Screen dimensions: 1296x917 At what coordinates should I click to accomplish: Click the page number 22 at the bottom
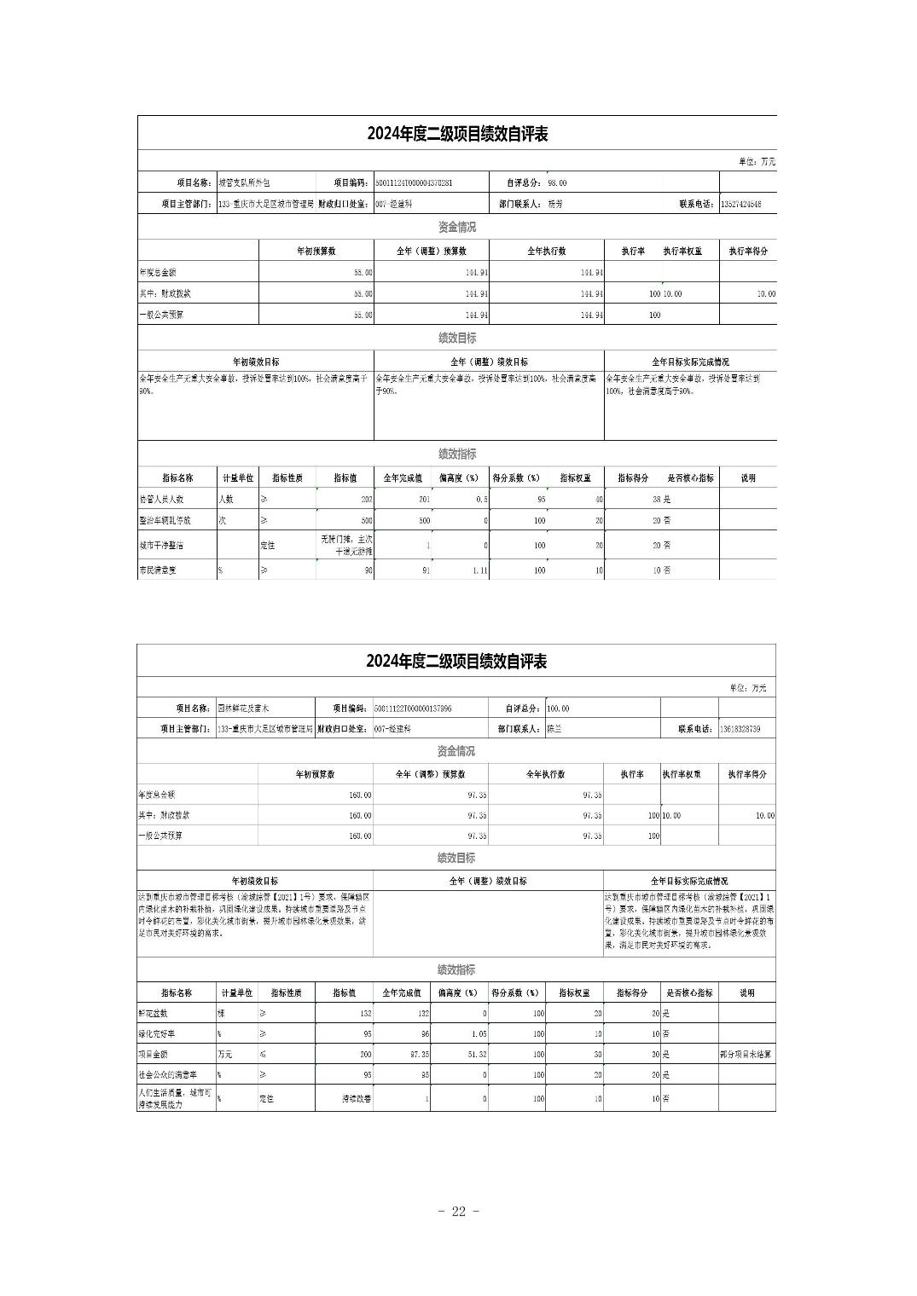click(x=458, y=1212)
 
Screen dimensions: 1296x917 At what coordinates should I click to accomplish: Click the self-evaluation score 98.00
click(x=557, y=183)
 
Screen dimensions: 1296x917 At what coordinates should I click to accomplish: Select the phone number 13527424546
click(x=741, y=205)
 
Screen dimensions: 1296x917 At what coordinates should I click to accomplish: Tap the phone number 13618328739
click(x=740, y=730)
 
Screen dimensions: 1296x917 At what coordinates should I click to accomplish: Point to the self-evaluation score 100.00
click(x=558, y=709)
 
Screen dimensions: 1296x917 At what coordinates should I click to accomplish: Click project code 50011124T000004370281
click(x=414, y=183)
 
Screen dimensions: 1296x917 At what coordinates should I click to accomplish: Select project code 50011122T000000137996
click(x=413, y=709)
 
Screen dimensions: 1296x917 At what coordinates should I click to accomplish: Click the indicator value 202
click(x=367, y=500)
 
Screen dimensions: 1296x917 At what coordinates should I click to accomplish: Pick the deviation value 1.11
click(x=479, y=570)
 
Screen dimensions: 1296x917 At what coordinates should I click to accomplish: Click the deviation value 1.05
click(x=478, y=1034)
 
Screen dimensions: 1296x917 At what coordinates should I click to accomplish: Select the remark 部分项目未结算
click(x=746, y=1055)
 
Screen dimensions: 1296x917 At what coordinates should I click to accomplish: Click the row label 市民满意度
click(x=158, y=570)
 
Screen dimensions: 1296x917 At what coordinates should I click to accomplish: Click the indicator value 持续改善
click(x=357, y=1099)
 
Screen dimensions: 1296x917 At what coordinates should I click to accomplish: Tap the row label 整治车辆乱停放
click(x=165, y=520)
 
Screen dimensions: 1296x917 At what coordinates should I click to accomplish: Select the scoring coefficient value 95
click(x=540, y=500)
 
